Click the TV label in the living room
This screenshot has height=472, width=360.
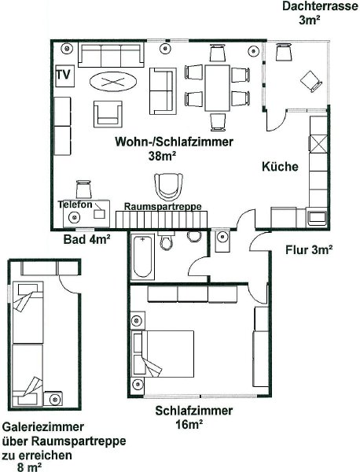pyautogui.click(x=63, y=74)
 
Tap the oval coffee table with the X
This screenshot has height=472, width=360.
pyautogui.click(x=113, y=81)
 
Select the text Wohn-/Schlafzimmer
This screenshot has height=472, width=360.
pyautogui.click(x=174, y=142)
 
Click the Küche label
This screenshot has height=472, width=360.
pyautogui.click(x=281, y=167)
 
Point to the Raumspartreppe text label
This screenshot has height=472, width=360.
pyautogui.click(x=163, y=207)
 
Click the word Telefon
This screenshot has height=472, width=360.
pyautogui.click(x=75, y=205)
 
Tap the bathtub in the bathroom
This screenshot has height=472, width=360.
pyautogui.click(x=142, y=256)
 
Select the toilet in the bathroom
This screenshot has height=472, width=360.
pyautogui.click(x=166, y=242)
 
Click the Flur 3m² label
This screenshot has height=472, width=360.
pyautogui.click(x=309, y=249)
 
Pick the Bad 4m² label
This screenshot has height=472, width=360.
pyautogui.click(x=87, y=239)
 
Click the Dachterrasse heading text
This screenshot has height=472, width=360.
pyautogui.click(x=320, y=6)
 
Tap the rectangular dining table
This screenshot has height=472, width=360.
pyautogui.click(x=218, y=88)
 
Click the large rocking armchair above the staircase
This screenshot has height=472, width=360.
pyautogui.click(x=168, y=186)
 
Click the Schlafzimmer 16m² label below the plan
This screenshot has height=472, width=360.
pyautogui.click(x=193, y=418)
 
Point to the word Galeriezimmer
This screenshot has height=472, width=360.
pyautogui.click(x=43, y=427)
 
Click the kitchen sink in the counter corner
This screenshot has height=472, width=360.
pyautogui.click(x=317, y=218)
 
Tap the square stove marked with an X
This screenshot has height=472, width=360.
pyautogui.click(x=318, y=144)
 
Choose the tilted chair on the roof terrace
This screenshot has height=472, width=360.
pyautogui.click(x=311, y=81)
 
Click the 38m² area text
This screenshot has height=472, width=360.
pyautogui.click(x=162, y=156)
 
